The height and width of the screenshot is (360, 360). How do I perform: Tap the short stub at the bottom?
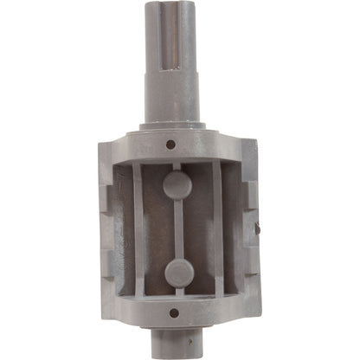[x=178, y=344]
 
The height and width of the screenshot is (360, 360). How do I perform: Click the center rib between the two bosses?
[x=177, y=228]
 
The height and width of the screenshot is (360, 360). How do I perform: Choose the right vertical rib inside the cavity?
[x=218, y=229]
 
